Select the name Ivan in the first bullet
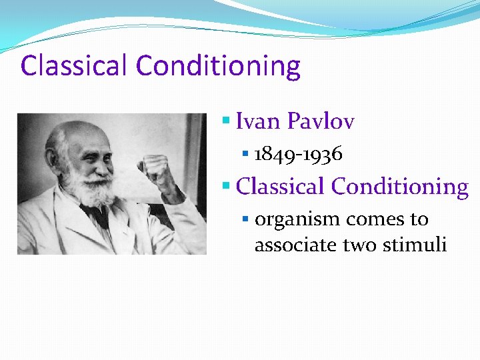(259, 121)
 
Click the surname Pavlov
(321, 121)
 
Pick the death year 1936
(322, 155)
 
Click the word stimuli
(415, 245)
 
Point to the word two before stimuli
(360, 245)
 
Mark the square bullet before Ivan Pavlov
(227, 122)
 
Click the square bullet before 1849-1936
(246, 155)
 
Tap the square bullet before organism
(246, 219)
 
